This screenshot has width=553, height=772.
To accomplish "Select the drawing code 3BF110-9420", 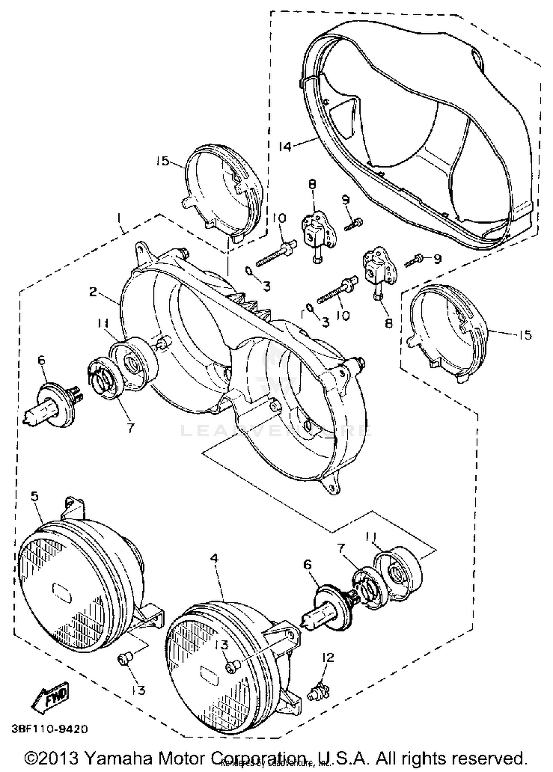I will pos(49,729).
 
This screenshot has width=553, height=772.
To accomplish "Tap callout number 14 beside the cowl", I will pos(284,146).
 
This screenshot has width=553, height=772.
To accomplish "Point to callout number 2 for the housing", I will pos(93,292).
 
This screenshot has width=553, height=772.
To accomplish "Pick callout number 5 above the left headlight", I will pos(34,496).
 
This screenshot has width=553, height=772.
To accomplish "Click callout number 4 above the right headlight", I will pos(214,558).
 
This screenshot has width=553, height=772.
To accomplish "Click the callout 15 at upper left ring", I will pos(163,161).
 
